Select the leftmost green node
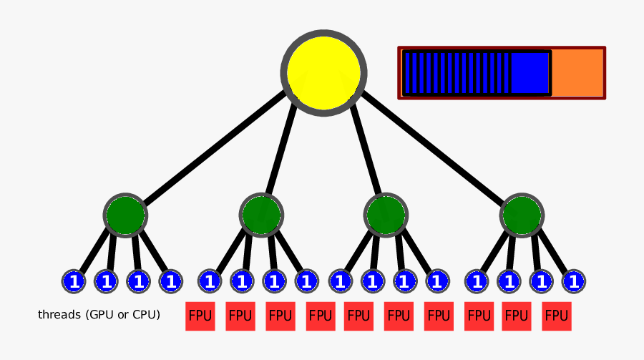[x=125, y=214]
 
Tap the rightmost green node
[x=521, y=215]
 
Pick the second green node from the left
[x=261, y=214]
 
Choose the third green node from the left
[x=386, y=214]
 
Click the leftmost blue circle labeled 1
[x=73, y=281]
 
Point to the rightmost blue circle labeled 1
[x=572, y=281]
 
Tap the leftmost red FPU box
[x=200, y=316]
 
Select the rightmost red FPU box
[x=557, y=316]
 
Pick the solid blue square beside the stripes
[x=530, y=72]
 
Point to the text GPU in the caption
[x=102, y=315]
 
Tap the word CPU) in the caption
[x=147, y=315]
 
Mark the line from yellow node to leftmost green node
[x=215, y=147]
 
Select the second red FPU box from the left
[x=240, y=316]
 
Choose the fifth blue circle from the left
[x=210, y=281]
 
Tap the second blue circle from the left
[x=106, y=281]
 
